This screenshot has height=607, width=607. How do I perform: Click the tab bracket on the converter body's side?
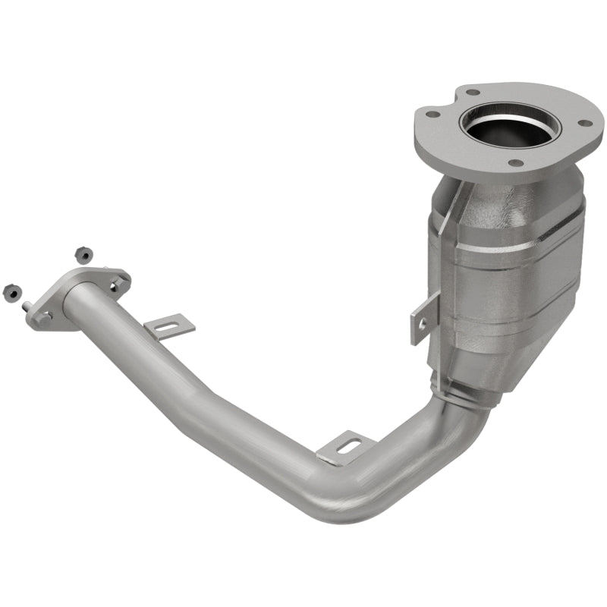tap(424, 318)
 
